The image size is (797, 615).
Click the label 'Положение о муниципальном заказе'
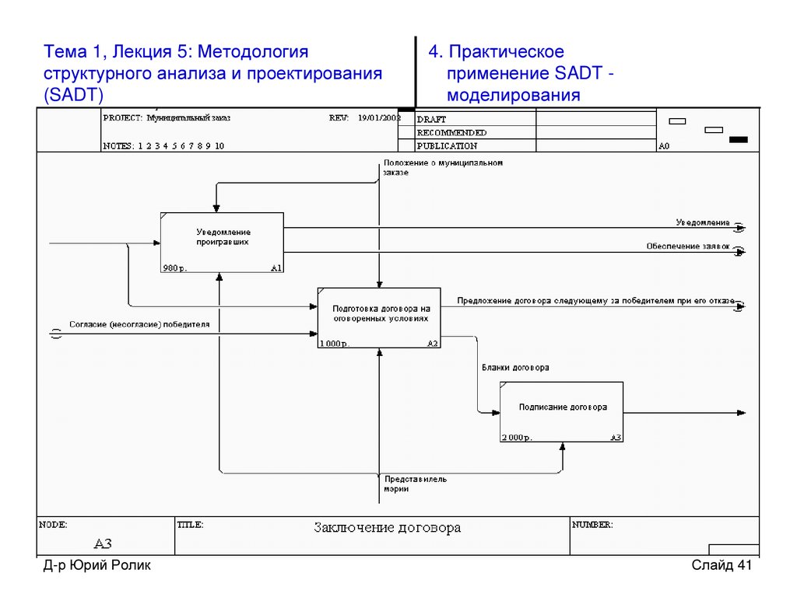(x=442, y=167)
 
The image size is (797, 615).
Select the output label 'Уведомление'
(x=703, y=223)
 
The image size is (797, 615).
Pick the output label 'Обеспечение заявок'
(x=688, y=246)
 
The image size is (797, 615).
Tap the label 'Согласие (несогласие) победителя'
(x=139, y=324)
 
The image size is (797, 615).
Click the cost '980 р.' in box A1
(x=175, y=268)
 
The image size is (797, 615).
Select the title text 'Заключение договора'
(x=387, y=528)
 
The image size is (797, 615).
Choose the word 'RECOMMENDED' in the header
(x=451, y=133)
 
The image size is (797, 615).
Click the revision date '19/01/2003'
(x=378, y=118)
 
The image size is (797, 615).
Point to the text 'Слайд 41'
(x=722, y=565)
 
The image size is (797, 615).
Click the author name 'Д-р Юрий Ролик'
(x=97, y=565)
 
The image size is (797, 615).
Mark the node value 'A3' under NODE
(x=103, y=543)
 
